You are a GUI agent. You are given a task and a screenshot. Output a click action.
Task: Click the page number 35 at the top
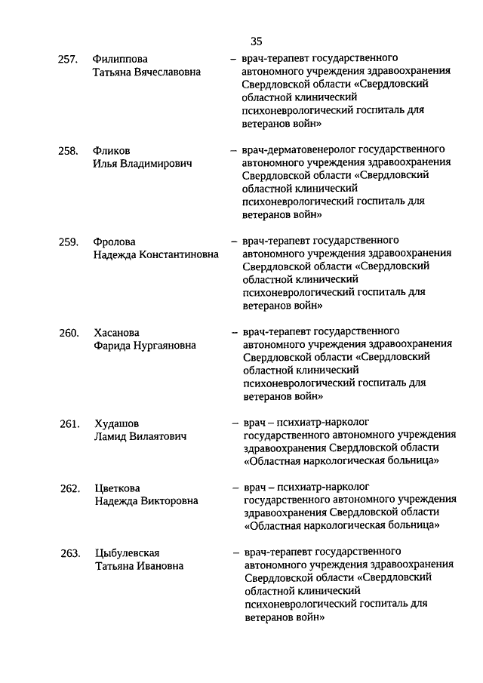point(256,42)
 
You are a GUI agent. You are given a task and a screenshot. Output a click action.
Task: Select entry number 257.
point(68,59)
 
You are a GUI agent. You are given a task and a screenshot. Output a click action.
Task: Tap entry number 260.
point(69,333)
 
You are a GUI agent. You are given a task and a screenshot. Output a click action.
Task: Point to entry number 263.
point(70,553)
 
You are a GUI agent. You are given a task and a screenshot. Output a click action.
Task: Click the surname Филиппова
point(120,59)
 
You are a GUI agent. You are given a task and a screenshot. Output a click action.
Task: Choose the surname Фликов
point(112,150)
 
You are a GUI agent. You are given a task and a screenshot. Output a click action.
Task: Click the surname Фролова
point(115,242)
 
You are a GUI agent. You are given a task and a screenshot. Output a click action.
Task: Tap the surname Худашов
point(117,423)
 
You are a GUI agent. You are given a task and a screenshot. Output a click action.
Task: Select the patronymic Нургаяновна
point(159,346)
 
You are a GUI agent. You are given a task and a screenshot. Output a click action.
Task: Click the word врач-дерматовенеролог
point(297,149)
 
